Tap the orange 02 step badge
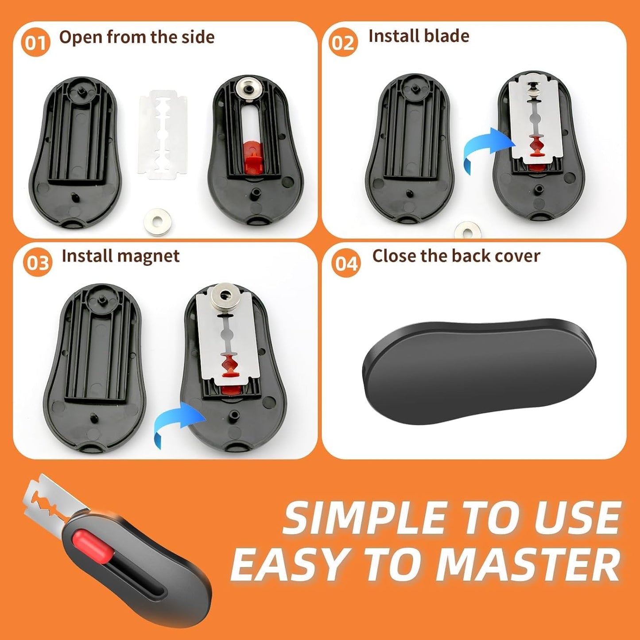coord(343,43)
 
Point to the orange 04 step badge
coord(346,264)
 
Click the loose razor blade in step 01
coord(163,135)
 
